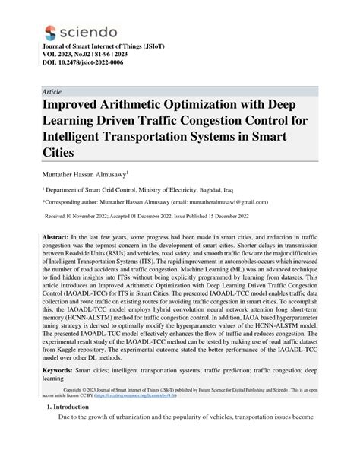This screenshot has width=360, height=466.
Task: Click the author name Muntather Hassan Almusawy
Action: pos(87,174)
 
